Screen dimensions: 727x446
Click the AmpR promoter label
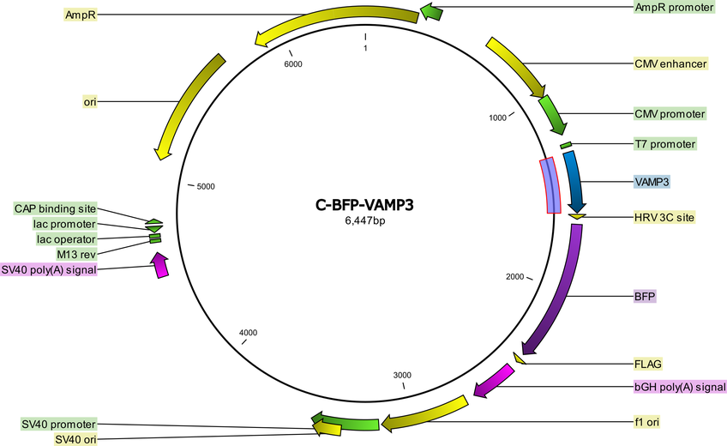point(674,8)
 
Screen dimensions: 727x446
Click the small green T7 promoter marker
point(566,146)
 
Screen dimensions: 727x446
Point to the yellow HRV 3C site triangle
point(578,216)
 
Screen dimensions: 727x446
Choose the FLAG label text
point(648,364)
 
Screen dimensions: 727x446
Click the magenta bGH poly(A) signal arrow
point(493,381)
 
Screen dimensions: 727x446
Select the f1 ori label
point(646,422)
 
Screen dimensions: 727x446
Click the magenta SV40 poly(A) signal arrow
point(159,265)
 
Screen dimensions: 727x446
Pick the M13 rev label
point(76,255)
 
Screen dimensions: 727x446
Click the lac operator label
point(66,239)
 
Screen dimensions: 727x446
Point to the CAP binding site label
point(55,208)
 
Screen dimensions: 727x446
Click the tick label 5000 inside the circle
point(206,186)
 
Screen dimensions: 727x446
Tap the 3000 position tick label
point(402,375)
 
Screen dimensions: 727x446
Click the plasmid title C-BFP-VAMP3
point(364,205)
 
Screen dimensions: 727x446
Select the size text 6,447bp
point(364,220)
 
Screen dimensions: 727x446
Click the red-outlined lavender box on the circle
point(550,185)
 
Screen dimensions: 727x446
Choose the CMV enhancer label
point(670,63)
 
